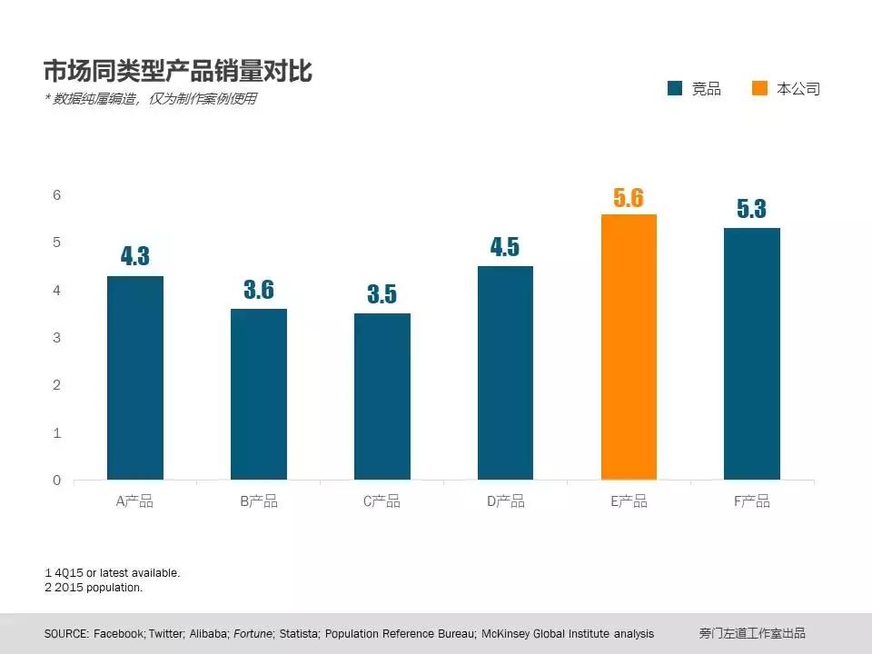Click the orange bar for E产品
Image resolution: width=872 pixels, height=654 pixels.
(x=629, y=347)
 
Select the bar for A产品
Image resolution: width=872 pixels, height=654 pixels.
(x=134, y=378)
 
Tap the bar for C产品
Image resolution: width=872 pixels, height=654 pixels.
(x=381, y=396)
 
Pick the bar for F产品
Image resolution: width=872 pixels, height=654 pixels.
(x=751, y=353)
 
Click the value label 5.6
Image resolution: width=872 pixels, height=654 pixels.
(x=629, y=198)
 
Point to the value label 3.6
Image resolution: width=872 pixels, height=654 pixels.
(x=259, y=291)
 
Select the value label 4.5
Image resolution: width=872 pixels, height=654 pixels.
(x=505, y=247)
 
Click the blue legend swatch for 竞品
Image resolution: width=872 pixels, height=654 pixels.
(x=675, y=88)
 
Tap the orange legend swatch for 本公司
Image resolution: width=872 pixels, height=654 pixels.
(x=759, y=88)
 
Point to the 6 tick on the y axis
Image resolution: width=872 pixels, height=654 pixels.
(x=56, y=195)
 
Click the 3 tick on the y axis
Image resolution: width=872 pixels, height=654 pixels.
(x=56, y=338)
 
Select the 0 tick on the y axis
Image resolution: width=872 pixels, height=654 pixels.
(x=56, y=480)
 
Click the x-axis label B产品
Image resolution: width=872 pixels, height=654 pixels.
(x=259, y=501)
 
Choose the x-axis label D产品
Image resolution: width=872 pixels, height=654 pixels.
(x=505, y=501)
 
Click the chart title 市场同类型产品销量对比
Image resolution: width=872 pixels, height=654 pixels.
(x=178, y=71)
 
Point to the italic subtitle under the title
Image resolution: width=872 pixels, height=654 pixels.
(x=151, y=99)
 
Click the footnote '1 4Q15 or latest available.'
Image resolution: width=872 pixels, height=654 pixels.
(x=113, y=573)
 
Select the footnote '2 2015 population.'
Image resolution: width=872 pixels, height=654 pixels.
(x=94, y=588)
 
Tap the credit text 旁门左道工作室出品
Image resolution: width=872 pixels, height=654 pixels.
(x=752, y=634)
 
